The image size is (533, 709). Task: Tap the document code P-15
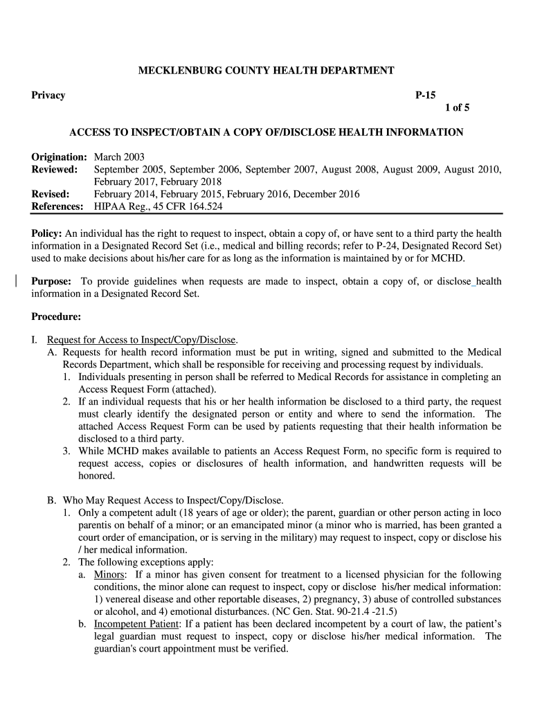tap(425, 96)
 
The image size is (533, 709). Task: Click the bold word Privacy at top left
tap(48, 96)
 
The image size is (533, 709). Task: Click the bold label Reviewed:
tap(54, 170)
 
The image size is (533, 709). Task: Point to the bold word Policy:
tap(47, 233)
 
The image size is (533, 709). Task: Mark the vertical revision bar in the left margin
tap(16, 281)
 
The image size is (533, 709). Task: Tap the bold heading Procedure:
tap(56, 318)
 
